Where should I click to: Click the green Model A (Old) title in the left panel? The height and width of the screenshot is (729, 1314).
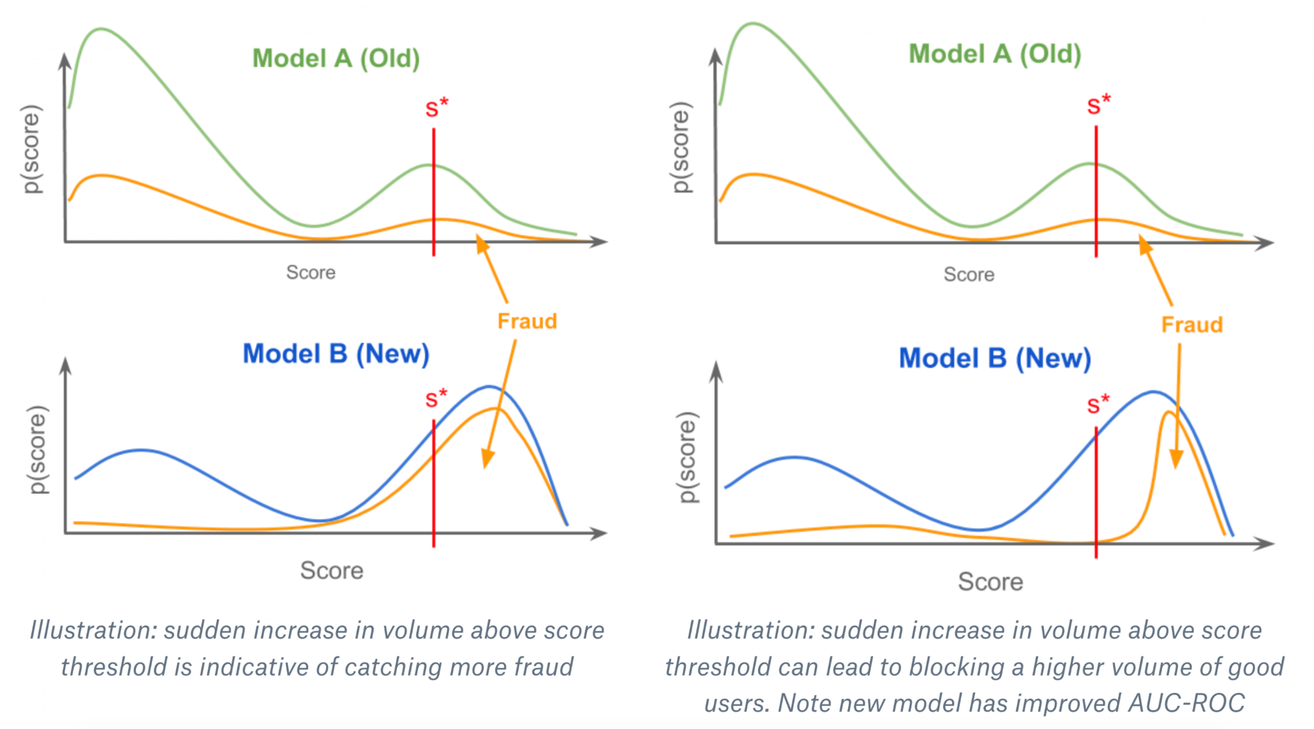(336, 59)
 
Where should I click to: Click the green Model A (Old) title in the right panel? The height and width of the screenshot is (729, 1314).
(995, 54)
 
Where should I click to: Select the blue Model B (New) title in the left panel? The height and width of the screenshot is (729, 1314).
(336, 354)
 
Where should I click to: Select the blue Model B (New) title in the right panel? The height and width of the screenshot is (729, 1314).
(995, 359)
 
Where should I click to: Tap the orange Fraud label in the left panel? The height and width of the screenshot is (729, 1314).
(527, 321)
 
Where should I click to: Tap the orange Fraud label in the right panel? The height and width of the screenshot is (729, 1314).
(1192, 324)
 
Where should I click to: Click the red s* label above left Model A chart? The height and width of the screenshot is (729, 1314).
(437, 107)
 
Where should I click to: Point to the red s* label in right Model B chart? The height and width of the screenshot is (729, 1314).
(1098, 404)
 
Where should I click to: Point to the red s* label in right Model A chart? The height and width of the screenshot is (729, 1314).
(1099, 105)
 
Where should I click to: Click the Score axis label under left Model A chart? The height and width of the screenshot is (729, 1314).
(311, 272)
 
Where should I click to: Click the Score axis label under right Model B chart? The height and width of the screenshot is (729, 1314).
(990, 582)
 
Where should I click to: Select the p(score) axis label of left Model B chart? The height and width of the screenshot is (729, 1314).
(38, 450)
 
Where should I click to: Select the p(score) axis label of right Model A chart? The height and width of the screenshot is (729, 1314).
(681, 147)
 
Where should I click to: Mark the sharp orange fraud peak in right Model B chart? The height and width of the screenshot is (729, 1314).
(1168, 412)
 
